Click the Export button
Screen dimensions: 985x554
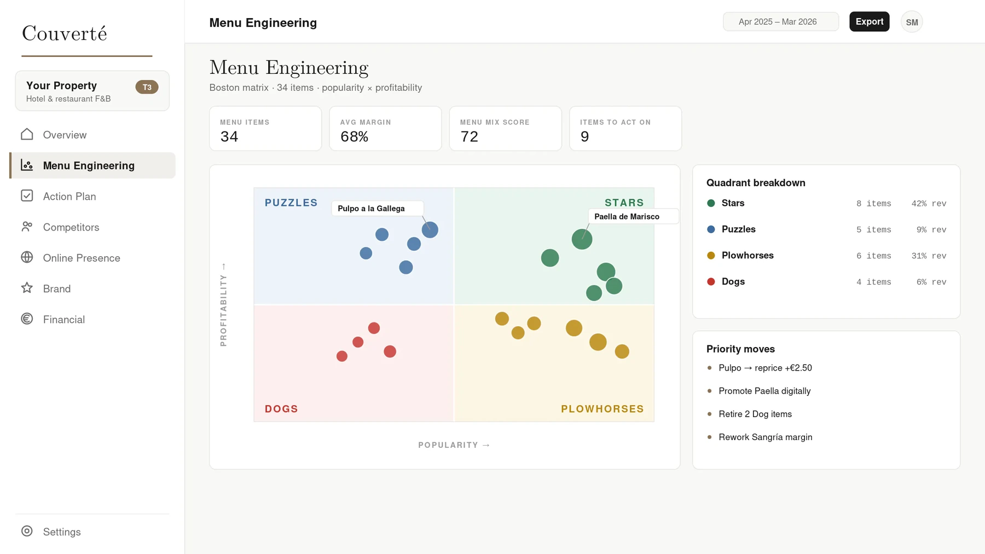click(869, 22)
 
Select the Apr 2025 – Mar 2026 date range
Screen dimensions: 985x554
click(780, 22)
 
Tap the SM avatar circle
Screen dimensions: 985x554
click(912, 22)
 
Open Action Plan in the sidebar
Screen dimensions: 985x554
click(69, 196)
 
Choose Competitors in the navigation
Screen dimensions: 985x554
click(71, 227)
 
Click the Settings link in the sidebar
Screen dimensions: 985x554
click(62, 532)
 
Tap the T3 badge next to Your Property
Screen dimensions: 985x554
click(147, 87)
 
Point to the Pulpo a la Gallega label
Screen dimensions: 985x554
click(371, 209)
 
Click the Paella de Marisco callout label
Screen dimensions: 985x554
click(627, 216)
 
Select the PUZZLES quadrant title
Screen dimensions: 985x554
click(291, 203)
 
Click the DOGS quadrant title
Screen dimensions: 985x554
click(281, 409)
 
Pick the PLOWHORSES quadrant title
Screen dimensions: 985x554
click(602, 409)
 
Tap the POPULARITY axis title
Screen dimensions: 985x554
click(448, 445)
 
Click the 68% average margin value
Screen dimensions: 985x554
click(354, 137)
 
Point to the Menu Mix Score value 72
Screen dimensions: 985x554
click(469, 137)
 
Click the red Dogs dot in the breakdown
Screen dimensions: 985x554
click(711, 281)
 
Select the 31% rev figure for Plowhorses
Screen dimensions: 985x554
click(929, 256)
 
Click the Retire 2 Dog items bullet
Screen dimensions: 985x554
click(755, 414)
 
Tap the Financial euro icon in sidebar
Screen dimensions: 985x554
click(27, 319)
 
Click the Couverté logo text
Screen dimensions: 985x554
click(65, 33)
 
